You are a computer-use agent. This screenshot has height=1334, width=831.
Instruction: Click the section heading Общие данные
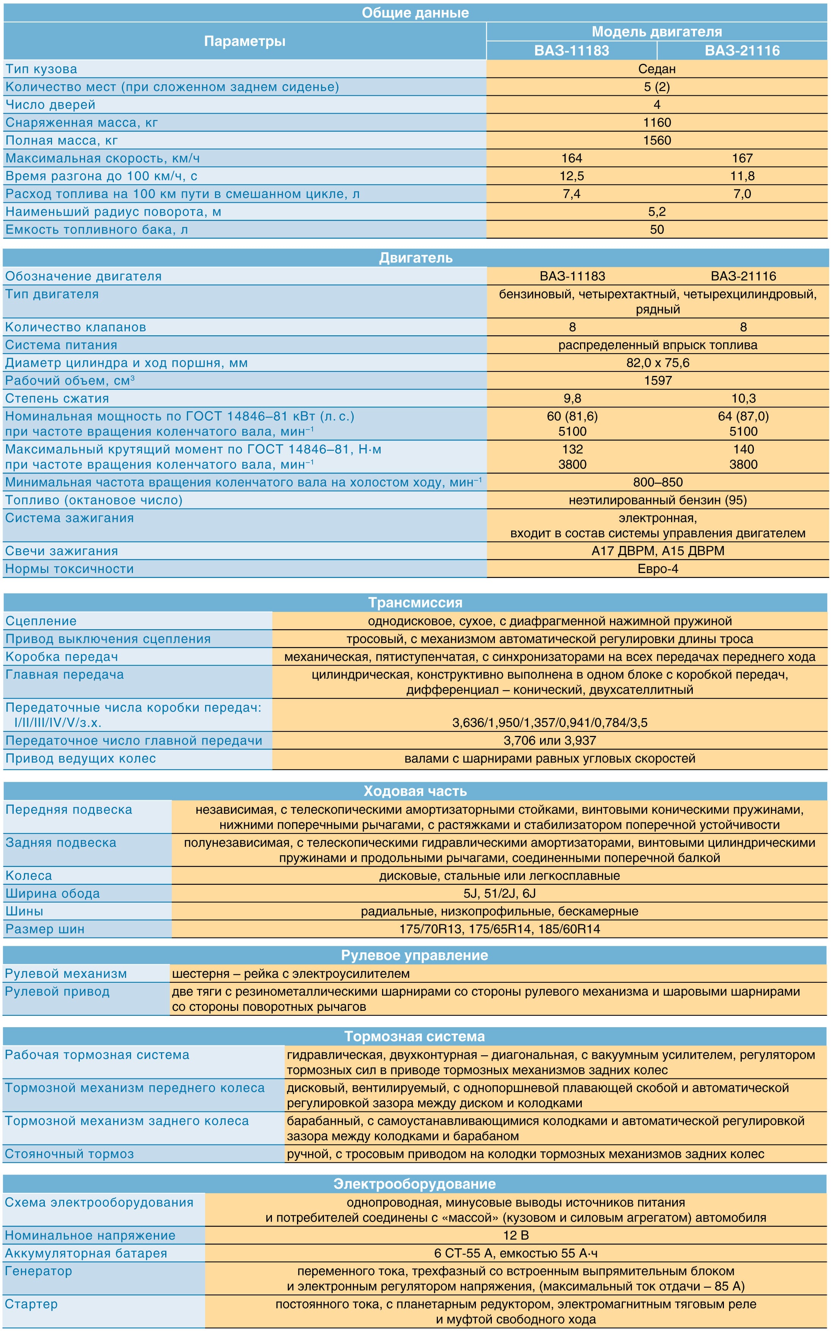point(415,13)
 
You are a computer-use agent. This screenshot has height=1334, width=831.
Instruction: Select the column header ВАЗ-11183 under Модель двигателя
point(572,51)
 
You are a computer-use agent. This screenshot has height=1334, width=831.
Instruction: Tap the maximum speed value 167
point(742,158)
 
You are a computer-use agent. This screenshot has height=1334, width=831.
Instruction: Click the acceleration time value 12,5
point(572,176)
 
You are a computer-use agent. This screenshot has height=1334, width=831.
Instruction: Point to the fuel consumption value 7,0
point(742,194)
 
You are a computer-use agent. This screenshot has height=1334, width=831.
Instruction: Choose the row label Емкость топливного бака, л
point(97,230)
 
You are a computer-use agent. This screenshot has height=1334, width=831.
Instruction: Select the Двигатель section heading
point(415,258)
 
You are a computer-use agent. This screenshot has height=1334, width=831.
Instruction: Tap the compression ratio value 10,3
point(743,398)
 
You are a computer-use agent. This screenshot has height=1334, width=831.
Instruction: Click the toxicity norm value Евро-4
point(658,569)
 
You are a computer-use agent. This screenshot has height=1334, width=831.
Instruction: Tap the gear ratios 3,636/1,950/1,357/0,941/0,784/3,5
point(550,723)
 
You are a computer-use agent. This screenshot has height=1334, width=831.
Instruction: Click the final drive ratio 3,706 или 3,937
point(550,740)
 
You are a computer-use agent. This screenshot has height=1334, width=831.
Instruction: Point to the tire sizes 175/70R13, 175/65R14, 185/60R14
point(499,929)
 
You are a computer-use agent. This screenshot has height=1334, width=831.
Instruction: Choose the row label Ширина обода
point(53,894)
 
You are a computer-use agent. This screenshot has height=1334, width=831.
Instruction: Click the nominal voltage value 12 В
point(515,1236)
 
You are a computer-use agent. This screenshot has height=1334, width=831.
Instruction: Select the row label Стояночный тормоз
point(69,1154)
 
